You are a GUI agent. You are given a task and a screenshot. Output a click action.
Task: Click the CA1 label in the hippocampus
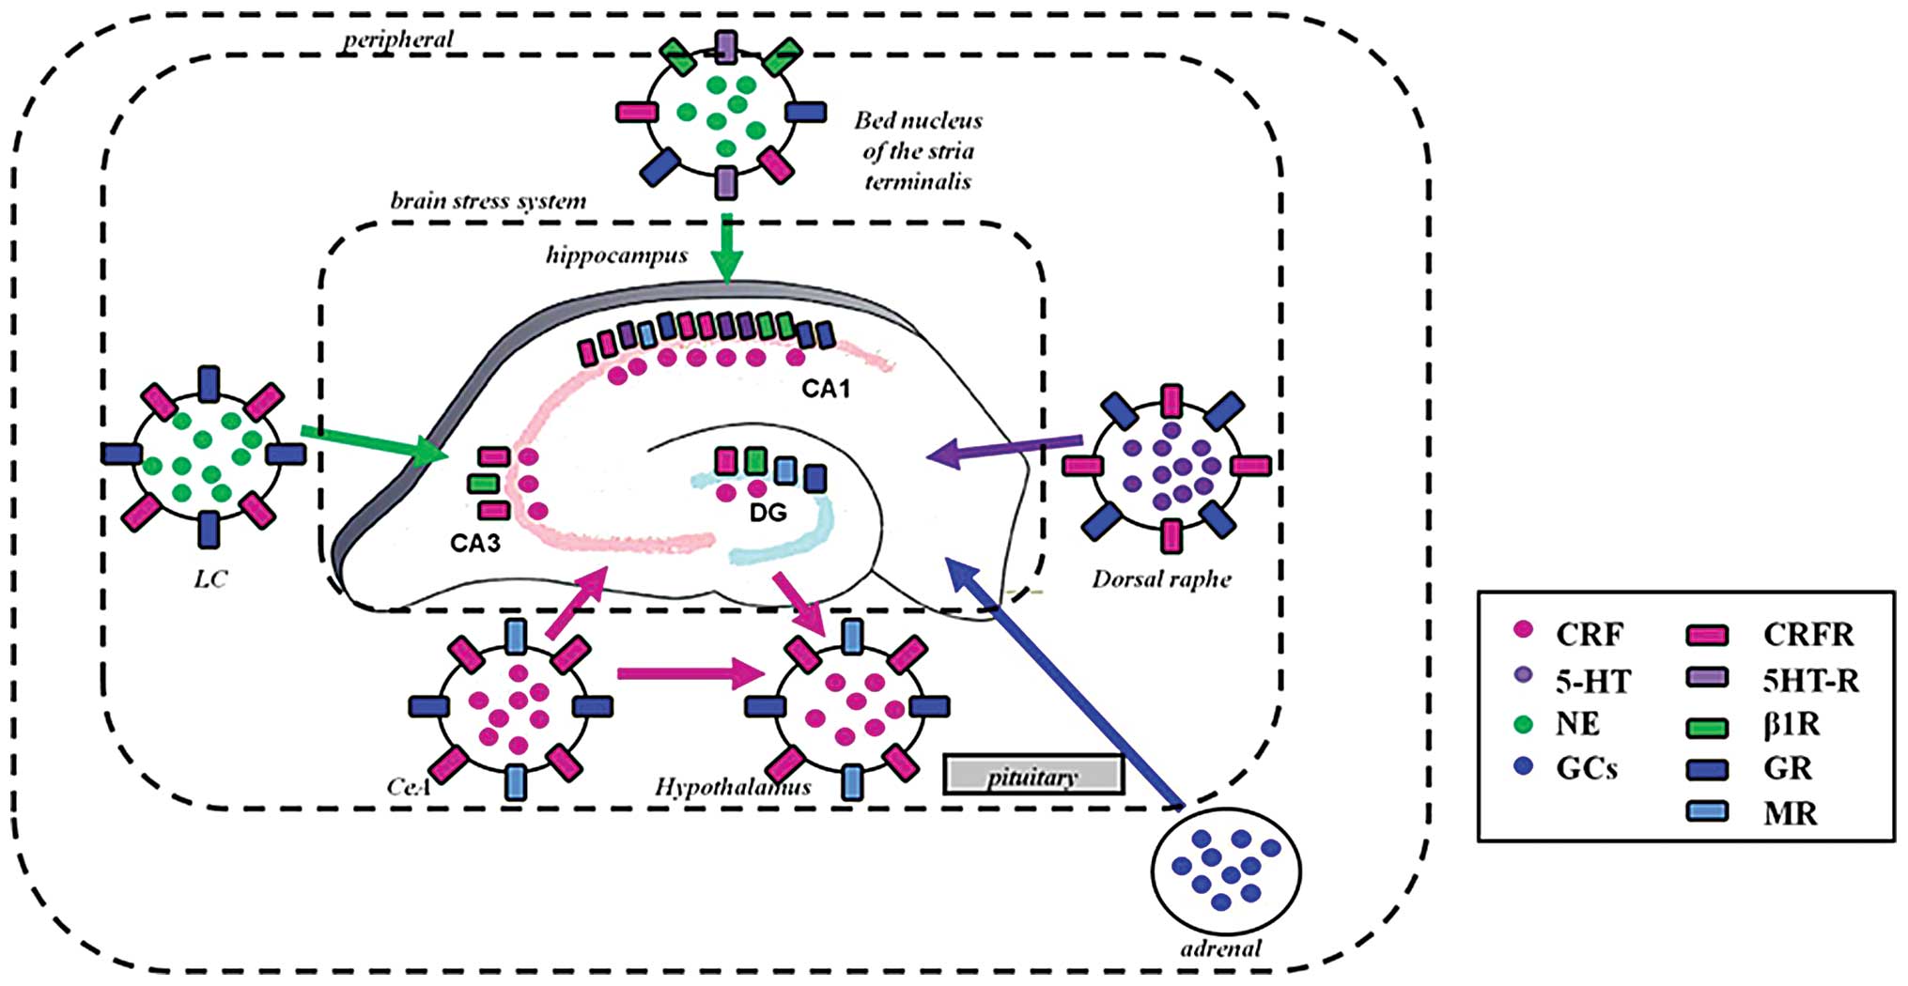pos(825,388)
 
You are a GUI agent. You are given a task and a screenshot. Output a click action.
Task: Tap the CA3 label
pos(474,543)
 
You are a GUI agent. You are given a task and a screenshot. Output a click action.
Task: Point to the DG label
pos(768,513)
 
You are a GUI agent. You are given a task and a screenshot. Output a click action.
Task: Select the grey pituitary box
pos(1033,776)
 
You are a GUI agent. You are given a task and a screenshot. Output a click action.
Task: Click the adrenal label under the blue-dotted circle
pos(1220,948)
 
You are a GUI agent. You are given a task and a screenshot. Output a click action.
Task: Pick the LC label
pos(210,578)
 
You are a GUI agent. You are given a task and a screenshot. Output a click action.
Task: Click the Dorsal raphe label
pos(1161,578)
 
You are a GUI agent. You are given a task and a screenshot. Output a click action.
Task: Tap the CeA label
pos(409,785)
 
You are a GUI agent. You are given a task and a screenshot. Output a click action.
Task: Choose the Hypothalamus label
pos(733,787)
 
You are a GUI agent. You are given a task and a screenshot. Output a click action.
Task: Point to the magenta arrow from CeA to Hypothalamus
pos(690,673)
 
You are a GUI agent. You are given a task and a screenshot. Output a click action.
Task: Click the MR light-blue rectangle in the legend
pos(1707,811)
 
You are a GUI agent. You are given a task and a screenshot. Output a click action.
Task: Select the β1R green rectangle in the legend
pos(1707,725)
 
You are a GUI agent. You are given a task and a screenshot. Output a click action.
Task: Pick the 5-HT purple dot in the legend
pos(1524,676)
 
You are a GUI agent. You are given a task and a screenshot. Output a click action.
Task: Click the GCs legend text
pos(1587,769)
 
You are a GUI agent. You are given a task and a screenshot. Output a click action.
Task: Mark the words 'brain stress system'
pos(488,201)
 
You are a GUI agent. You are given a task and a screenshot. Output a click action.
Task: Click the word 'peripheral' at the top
pos(397,39)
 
